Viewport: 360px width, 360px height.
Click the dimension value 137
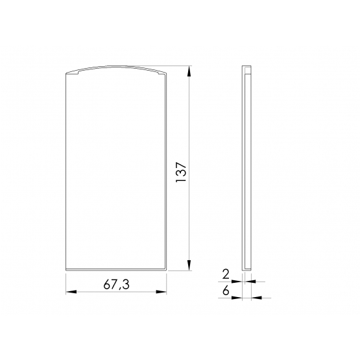point(181,172)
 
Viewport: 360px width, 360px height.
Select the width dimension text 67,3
point(116,285)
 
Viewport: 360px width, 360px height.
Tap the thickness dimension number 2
point(226,274)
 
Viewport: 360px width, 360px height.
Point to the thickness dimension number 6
point(226,291)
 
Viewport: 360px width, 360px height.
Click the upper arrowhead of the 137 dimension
point(189,71)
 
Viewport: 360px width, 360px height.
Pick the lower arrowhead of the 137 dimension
point(189,265)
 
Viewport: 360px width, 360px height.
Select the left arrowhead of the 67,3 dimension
point(71,292)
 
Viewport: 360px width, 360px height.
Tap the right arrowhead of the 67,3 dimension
point(161,292)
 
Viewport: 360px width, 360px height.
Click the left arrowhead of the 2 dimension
point(237,282)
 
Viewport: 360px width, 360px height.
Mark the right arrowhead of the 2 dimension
point(250,282)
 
